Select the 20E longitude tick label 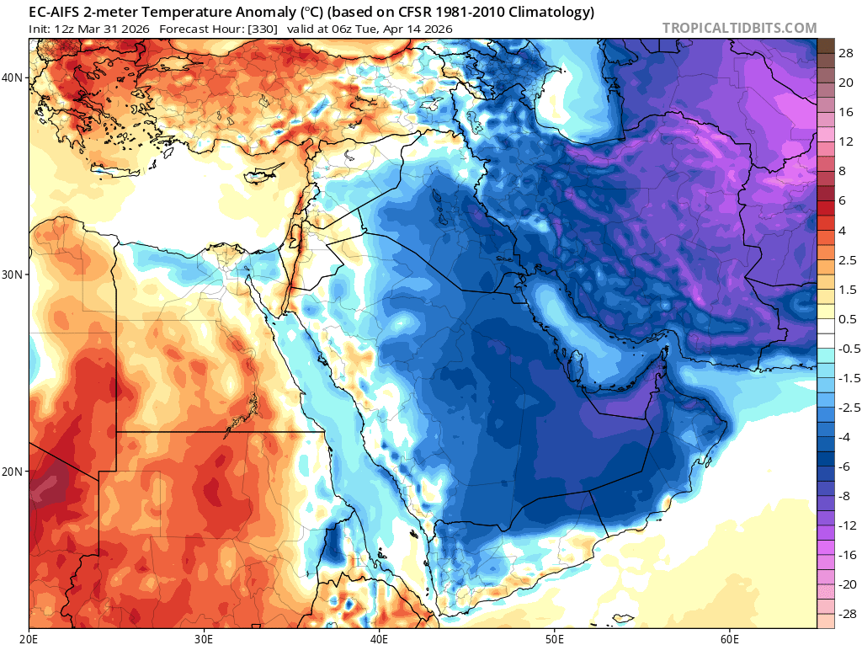coord(29,637)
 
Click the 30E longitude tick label coord(204,637)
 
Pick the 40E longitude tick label coord(379,637)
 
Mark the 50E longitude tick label coord(554,637)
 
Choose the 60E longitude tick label coord(729,637)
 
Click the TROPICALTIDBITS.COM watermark coord(739,28)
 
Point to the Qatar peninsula coord(577,367)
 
